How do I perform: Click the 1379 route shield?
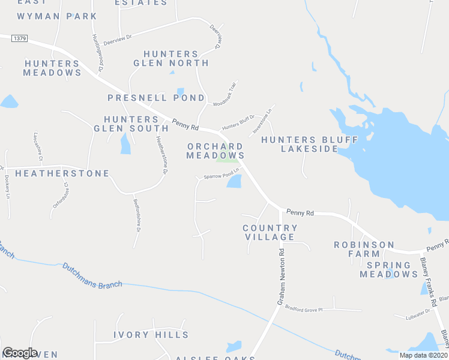click(19, 38)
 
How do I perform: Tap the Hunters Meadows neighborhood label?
click(52, 68)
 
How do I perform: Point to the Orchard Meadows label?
click(215, 151)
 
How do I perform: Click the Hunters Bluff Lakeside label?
click(310, 144)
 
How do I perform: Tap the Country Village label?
click(270, 232)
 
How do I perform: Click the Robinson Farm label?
click(364, 250)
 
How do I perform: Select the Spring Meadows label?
click(388, 269)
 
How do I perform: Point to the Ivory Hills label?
click(151, 335)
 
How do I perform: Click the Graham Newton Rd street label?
click(280, 276)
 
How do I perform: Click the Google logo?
click(20, 353)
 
